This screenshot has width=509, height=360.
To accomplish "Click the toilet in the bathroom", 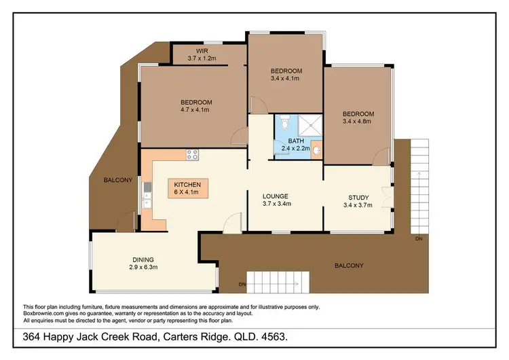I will click(284, 124).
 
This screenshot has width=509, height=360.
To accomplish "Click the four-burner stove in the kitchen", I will click(193, 154).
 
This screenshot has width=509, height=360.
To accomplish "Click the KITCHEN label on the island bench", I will click(187, 185).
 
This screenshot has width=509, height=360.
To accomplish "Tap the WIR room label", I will click(202, 51).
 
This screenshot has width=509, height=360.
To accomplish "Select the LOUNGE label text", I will click(276, 195).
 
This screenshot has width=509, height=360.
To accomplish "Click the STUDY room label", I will click(358, 198).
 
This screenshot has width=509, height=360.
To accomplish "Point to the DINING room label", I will click(143, 259).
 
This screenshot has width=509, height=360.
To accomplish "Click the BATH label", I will click(295, 141).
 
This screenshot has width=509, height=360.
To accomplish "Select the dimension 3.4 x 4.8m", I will click(358, 122).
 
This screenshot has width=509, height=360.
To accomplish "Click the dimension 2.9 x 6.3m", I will click(143, 268).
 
